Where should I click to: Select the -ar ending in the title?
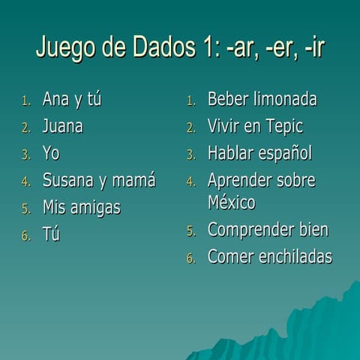point(240,48)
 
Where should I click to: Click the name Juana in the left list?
point(62,127)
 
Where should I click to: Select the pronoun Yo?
point(51,154)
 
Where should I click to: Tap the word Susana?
point(68,181)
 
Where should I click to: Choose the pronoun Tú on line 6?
point(51,234)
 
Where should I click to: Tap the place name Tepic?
point(281,127)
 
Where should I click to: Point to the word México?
point(231,202)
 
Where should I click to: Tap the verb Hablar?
point(230,154)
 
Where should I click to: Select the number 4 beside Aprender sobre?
point(190,182)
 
